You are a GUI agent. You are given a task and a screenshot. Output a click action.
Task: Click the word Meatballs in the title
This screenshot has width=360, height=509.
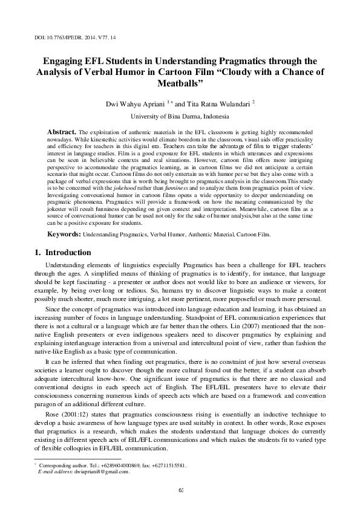180,82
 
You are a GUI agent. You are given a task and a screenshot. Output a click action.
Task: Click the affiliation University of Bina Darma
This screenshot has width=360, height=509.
180,117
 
